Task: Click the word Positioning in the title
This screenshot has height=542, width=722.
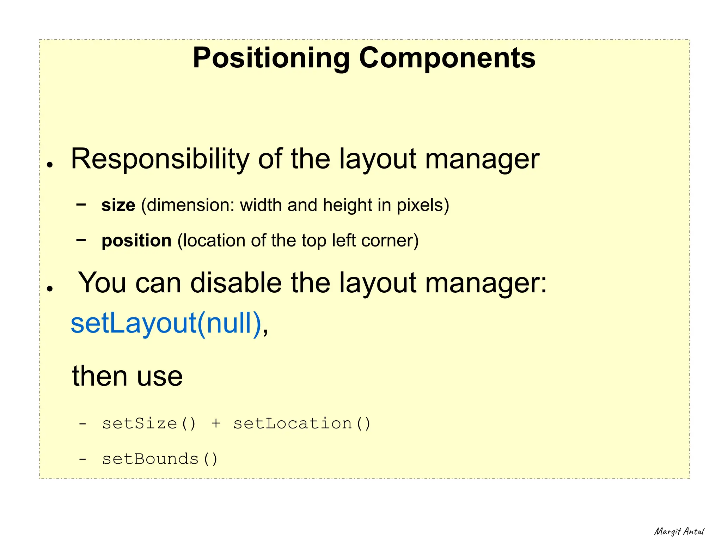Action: (271, 58)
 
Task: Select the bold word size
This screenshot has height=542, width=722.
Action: (118, 205)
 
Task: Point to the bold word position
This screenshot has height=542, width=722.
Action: (136, 241)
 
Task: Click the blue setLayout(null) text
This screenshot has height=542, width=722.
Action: (166, 323)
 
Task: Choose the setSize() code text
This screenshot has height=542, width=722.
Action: (149, 423)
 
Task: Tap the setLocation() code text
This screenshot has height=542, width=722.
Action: (302, 423)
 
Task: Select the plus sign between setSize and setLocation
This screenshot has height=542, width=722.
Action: (216, 423)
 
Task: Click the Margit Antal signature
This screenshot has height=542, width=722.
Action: (679, 531)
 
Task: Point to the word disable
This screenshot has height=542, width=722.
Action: (236, 283)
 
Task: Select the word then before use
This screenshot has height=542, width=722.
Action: (100, 376)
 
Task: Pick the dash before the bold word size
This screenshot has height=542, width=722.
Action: (81, 204)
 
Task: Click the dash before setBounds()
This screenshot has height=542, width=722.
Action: (82, 459)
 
